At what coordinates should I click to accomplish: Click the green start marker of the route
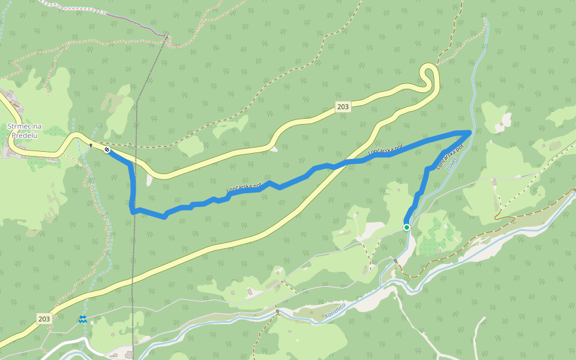(x=407, y=227)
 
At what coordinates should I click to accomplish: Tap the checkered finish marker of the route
(x=107, y=149)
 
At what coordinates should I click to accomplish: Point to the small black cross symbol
(x=91, y=145)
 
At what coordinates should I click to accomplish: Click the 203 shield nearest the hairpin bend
(x=343, y=107)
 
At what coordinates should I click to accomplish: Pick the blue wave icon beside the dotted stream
(x=82, y=319)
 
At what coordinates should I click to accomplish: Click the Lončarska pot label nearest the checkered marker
(x=244, y=188)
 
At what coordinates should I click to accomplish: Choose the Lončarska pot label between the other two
(x=385, y=148)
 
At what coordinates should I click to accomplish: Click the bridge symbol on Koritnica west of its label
(x=278, y=311)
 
